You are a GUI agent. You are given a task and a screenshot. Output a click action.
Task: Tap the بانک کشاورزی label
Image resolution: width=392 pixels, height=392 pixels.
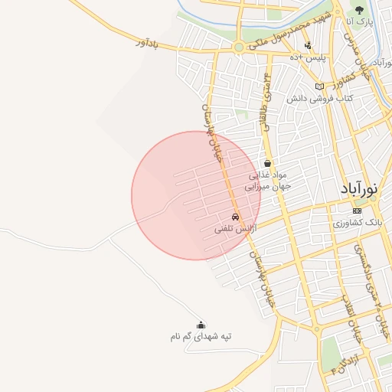click(x=357, y=222)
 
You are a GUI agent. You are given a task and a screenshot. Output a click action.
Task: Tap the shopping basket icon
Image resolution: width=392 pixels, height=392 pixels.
click(x=267, y=163)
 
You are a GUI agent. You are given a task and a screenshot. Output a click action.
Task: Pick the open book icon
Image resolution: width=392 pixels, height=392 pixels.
click(x=319, y=87)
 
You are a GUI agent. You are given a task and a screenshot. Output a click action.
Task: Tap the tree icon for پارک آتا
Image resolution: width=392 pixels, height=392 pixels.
click(x=359, y=10)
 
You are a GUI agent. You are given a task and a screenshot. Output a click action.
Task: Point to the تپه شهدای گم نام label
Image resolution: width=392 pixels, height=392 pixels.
click(x=201, y=336)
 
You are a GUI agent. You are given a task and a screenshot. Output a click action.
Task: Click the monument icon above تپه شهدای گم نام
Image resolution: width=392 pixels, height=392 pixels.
click(x=201, y=325)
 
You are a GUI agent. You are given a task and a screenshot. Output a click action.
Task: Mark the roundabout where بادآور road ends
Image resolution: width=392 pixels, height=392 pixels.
click(x=239, y=47)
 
